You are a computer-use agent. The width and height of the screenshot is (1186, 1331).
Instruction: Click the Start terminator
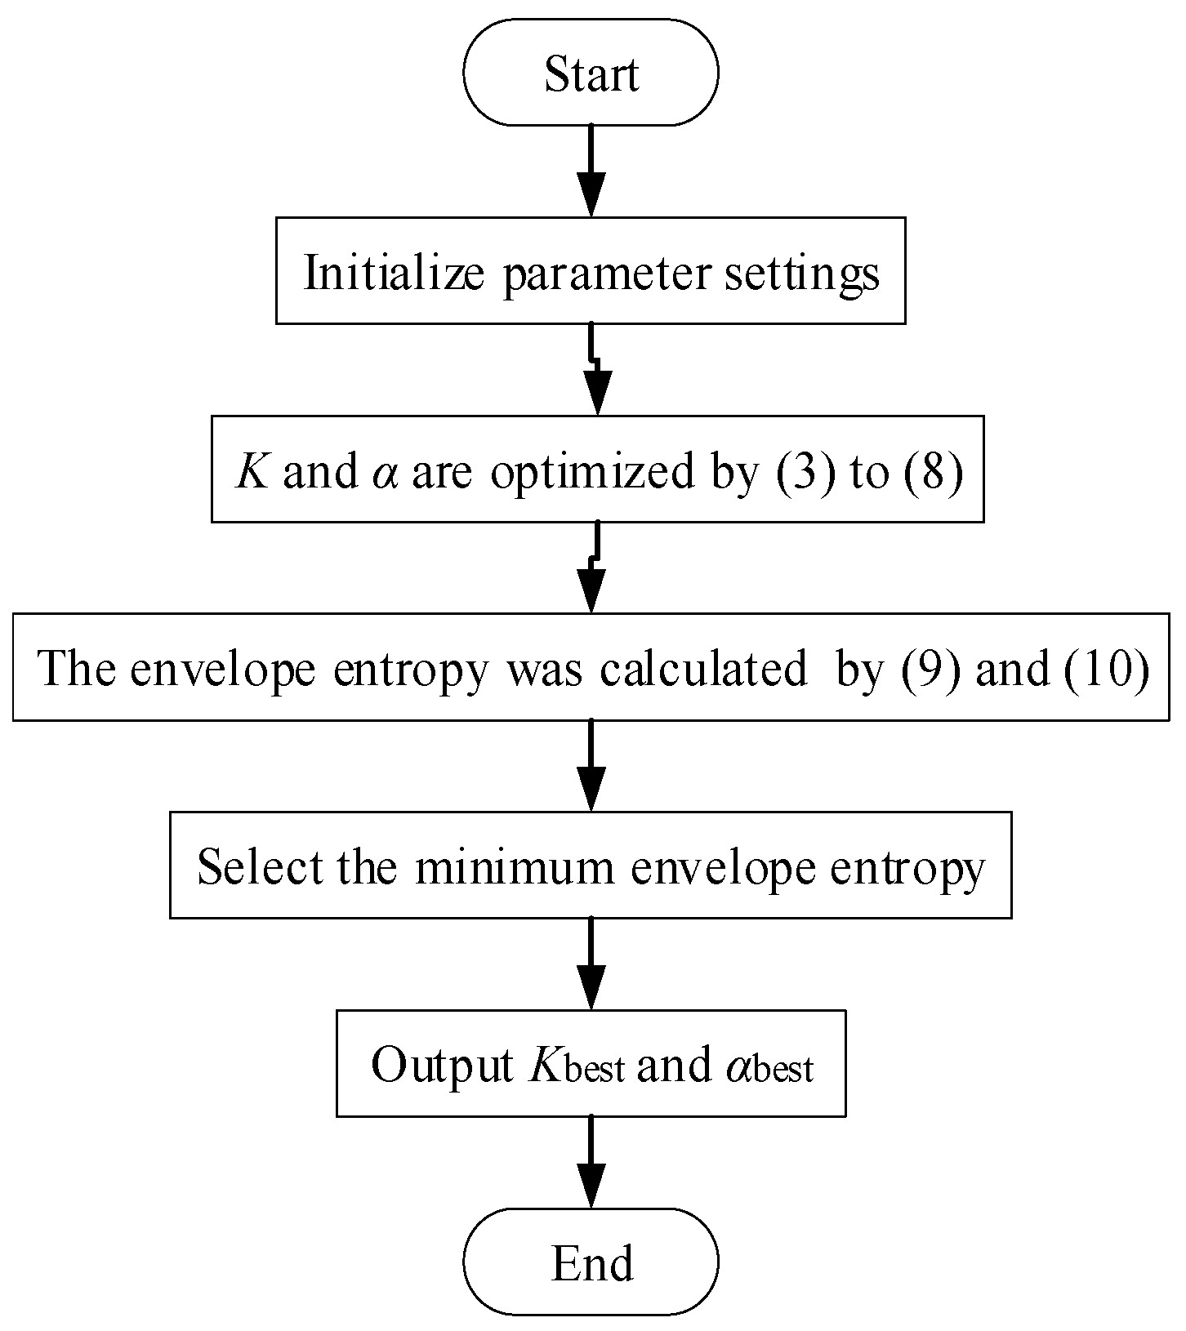click(x=591, y=73)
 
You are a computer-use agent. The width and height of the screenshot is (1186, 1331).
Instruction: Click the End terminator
click(x=591, y=1262)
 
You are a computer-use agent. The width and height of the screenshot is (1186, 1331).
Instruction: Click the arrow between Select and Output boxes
click(x=591, y=964)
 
